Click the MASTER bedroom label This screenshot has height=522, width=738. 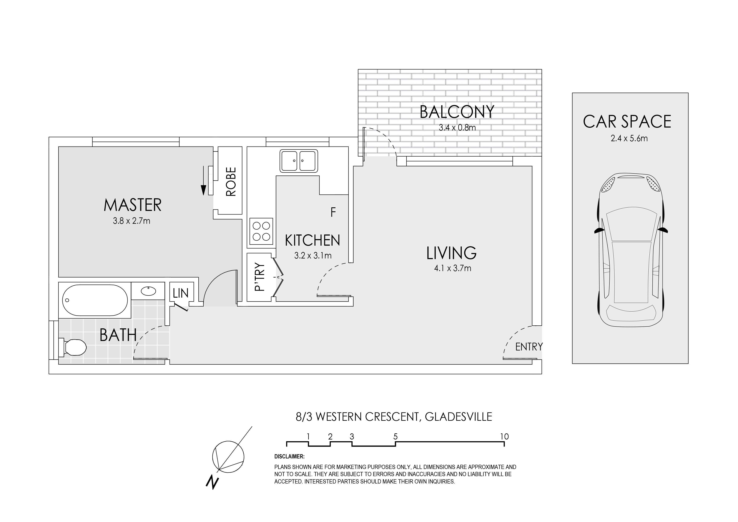(132, 205)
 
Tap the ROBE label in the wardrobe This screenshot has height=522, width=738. (231, 181)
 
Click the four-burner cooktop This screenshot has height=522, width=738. (261, 231)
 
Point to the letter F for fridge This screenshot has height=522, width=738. (333, 212)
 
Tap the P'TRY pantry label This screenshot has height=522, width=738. (260, 277)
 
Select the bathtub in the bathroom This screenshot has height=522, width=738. (95, 300)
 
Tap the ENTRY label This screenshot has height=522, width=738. (529, 347)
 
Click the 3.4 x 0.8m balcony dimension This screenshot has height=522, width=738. (457, 128)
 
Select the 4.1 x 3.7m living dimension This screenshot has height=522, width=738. (453, 268)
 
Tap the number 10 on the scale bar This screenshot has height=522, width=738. (504, 437)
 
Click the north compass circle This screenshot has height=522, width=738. (228, 456)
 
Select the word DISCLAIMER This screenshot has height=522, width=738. (289, 457)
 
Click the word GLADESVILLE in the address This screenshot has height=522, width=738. (459, 417)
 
